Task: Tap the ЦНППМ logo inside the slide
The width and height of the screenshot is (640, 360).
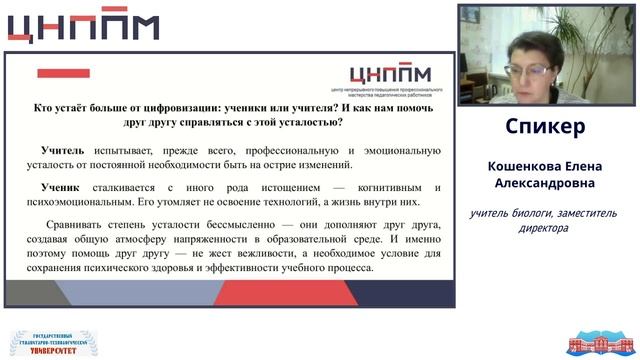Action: coord(389,75)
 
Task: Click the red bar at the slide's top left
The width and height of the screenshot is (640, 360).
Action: coord(63,73)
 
